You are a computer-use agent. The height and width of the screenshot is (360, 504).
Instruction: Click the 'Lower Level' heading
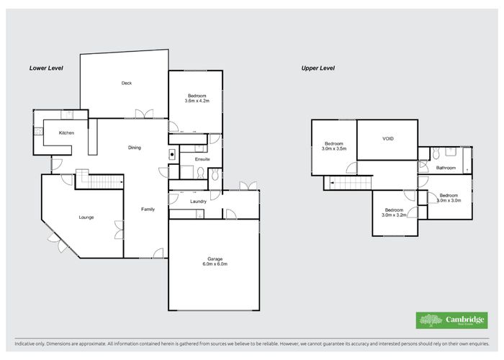[x=46, y=68]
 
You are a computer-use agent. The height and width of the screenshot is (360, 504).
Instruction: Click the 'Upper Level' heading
[x=318, y=68]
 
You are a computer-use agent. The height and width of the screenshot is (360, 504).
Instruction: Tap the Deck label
[x=126, y=83]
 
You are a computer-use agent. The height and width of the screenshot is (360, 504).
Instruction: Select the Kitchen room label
[x=67, y=133]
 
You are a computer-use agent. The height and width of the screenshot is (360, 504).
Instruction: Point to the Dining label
[x=135, y=148]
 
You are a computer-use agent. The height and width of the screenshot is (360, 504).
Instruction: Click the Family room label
[x=148, y=209]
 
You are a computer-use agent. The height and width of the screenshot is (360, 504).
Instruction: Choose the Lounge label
[x=86, y=217]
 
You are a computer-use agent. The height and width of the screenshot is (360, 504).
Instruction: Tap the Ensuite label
[x=202, y=158]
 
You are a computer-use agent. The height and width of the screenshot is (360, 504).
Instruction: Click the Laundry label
[x=199, y=202]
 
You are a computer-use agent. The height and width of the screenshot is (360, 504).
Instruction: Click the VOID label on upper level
[x=387, y=138]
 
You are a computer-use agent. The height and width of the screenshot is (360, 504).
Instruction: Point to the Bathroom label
[x=446, y=168]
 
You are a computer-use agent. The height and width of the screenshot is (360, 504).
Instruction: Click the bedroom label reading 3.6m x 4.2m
[x=197, y=99]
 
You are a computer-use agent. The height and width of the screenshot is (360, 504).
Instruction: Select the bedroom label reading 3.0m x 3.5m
[x=334, y=145]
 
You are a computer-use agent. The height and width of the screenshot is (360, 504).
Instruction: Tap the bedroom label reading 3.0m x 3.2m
[x=395, y=212]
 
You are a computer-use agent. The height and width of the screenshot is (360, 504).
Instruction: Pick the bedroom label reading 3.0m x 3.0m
[x=449, y=197]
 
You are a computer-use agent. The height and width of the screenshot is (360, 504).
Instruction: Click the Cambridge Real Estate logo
[x=451, y=320]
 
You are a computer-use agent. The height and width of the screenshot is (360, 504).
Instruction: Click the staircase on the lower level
[x=101, y=180]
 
